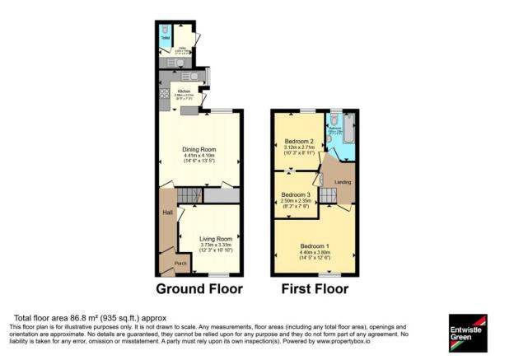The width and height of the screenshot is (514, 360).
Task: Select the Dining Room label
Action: [x=203, y=149]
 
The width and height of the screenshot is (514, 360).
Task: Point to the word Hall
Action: [x=167, y=213]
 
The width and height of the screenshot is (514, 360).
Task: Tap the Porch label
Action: [x=180, y=264]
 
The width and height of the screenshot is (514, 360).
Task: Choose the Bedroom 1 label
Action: [x=315, y=246]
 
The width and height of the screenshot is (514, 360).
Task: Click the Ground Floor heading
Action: [x=199, y=289]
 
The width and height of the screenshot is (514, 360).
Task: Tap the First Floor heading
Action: [x=315, y=289]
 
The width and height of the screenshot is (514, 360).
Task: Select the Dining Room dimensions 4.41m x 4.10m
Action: [x=203, y=157]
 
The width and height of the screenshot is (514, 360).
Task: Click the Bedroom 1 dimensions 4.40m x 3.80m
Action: [x=315, y=253]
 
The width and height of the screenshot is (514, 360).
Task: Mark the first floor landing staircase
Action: [x=327, y=195]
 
